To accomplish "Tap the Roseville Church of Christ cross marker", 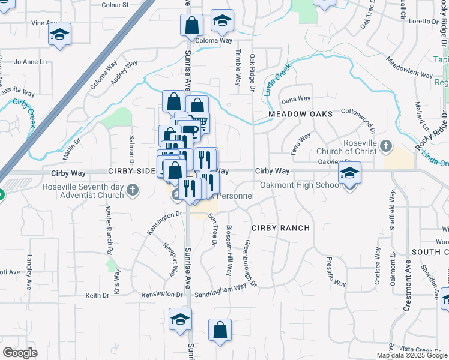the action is [x=386, y=146].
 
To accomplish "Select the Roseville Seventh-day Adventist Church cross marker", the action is [x=133, y=191].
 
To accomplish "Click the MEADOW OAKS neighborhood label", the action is [x=292, y=113].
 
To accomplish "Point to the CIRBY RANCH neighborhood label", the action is [x=280, y=228].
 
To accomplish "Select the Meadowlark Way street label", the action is [x=410, y=68].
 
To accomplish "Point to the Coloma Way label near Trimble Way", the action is [x=213, y=41].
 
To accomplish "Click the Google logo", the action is [x=20, y=352].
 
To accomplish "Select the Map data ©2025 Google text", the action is [x=412, y=355].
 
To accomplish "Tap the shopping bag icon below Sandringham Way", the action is [x=220, y=329].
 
